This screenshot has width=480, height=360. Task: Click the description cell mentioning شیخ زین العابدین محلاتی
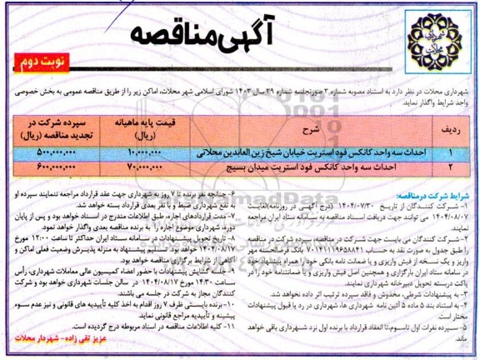317,154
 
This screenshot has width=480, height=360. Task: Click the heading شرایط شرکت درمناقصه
434,184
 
